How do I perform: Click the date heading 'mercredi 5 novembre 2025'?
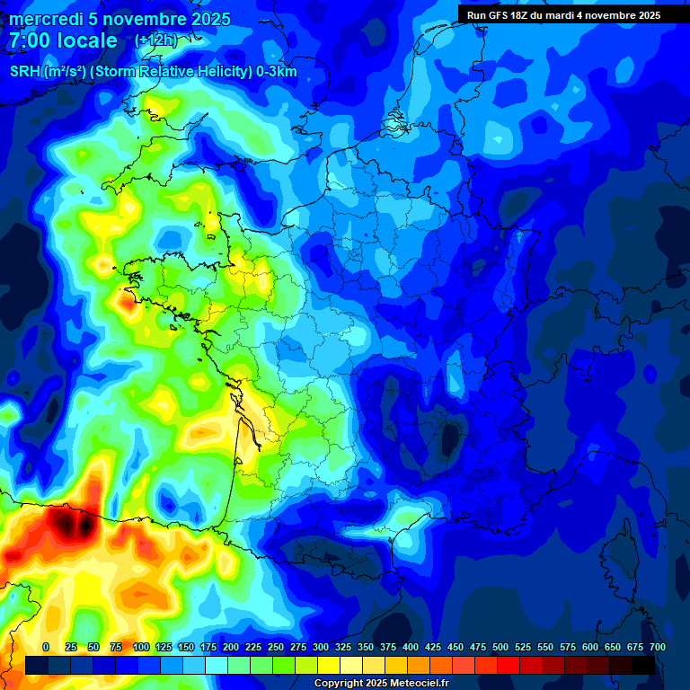120,19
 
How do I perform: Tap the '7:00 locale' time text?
64,40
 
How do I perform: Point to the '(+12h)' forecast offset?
156,40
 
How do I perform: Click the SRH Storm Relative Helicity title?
153,72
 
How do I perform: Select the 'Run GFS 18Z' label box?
563,14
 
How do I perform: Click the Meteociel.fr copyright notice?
381,683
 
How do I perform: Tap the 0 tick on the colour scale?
46,647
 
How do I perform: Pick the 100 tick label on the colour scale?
141,647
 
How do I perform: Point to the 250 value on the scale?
276,647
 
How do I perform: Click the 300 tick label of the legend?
321,647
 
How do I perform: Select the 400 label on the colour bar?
411,647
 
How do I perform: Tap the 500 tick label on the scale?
500,647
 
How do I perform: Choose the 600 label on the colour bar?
590,647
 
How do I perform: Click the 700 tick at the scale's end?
657,647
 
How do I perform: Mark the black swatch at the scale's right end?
643,665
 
